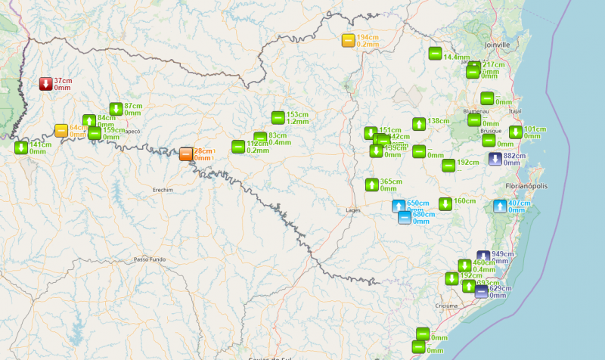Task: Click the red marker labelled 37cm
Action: tap(46, 83)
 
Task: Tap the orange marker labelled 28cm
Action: tap(186, 154)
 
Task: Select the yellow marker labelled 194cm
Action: tap(348, 41)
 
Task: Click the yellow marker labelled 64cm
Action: tap(61, 130)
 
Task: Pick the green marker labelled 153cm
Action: tap(278, 117)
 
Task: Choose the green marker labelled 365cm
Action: tap(371, 185)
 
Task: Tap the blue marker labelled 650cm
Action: tap(399, 206)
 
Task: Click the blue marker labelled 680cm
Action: tap(405, 218)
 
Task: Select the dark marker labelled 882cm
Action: tap(495, 159)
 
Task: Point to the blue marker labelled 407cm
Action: tap(500, 206)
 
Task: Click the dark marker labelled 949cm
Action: tap(483, 257)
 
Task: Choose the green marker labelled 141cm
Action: tap(20, 147)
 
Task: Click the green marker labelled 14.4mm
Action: tap(435, 54)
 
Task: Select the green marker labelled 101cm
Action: tap(515, 132)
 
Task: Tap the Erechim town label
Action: tap(163, 190)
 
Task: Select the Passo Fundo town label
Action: tap(147, 259)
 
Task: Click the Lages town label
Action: tap(352, 209)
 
